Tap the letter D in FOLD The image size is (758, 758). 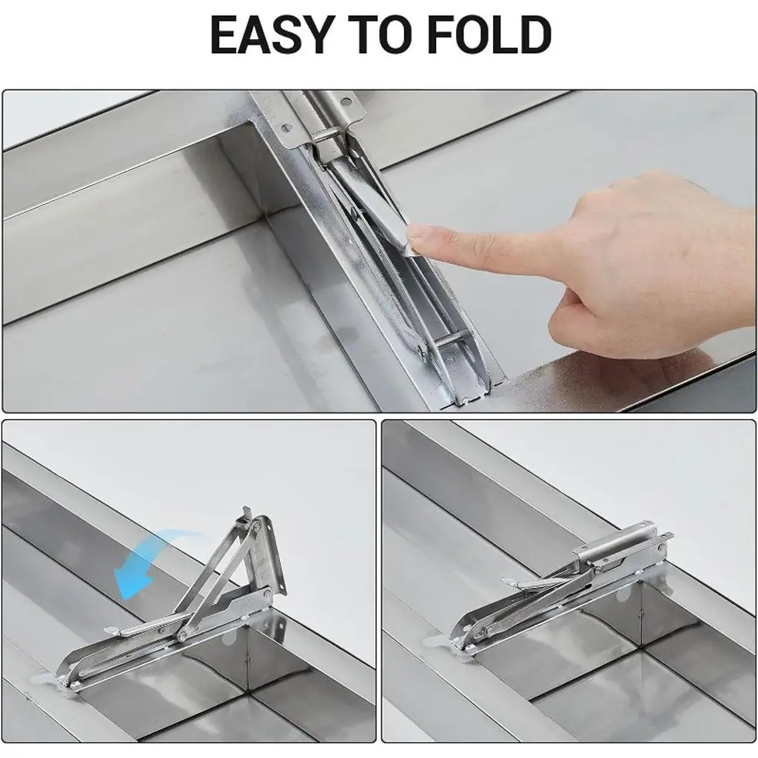tap(533, 35)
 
